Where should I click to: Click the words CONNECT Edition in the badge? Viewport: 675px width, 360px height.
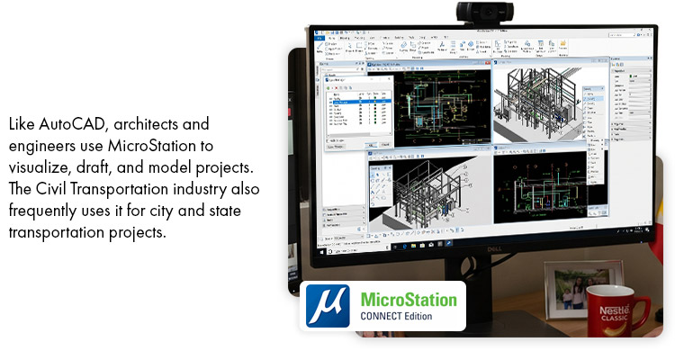tap(396, 316)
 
